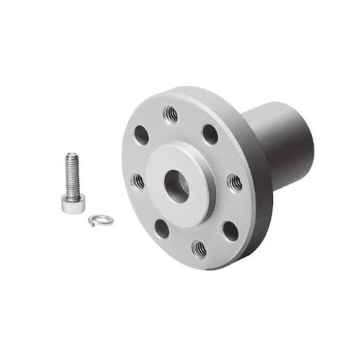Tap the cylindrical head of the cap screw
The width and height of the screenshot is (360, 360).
click(73, 204)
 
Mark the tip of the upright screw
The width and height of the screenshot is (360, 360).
click(71, 155)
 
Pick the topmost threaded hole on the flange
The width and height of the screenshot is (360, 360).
click(171, 112)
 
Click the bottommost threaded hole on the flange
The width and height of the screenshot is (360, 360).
click(199, 249)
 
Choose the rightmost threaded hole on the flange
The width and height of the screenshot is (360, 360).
click(233, 182)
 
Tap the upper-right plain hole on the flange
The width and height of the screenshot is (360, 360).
click(210, 134)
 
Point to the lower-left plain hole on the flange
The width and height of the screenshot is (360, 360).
click(162, 228)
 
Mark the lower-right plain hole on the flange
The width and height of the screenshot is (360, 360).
click(230, 230)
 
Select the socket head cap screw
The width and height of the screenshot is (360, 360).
click(71, 184)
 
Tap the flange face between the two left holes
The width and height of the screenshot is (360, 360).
click(136, 157)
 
